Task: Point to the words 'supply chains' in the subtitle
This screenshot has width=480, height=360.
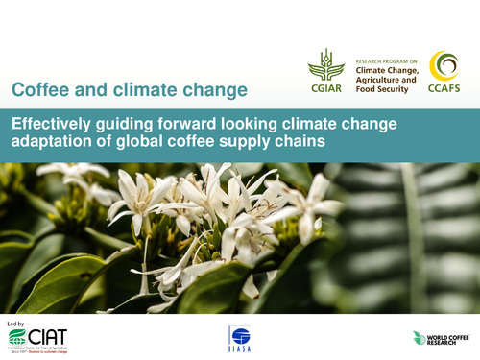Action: [282, 141]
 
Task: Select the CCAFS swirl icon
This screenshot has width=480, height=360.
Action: [444, 66]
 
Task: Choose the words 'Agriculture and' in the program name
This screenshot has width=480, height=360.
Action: [386, 80]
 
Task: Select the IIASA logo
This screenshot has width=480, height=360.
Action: [239, 337]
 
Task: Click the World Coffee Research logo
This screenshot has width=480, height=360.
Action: [441, 338]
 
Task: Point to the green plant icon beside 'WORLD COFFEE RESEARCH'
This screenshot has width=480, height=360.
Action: [419, 338]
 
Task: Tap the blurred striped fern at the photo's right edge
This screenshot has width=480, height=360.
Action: [422, 240]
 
